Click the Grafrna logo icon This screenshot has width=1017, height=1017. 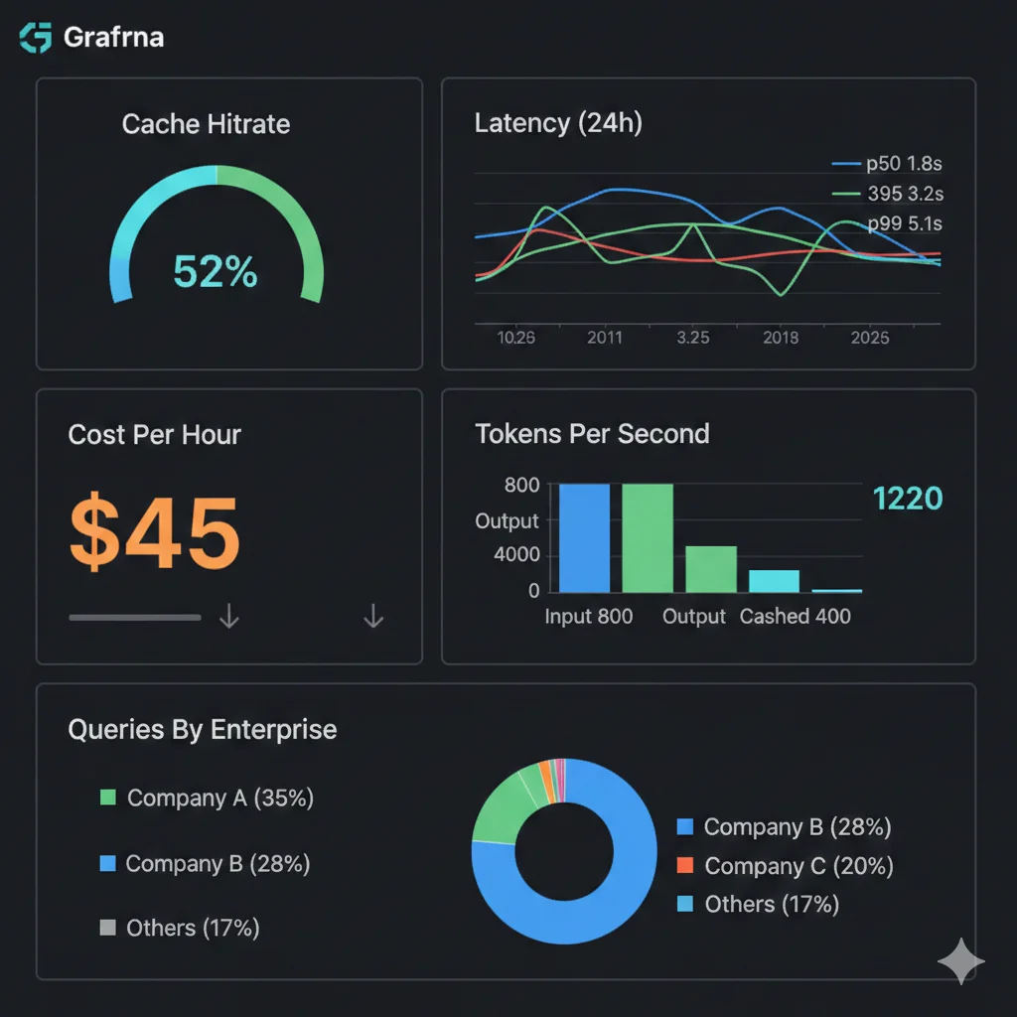point(35,38)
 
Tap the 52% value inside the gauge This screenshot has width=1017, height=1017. point(216,271)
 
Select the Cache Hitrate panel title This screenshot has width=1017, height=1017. point(206,124)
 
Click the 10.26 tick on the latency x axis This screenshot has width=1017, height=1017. point(515,338)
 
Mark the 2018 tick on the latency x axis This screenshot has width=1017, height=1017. point(781,338)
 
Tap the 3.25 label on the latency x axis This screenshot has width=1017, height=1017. point(692,338)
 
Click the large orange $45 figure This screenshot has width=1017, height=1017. point(155,532)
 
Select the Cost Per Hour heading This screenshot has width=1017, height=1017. point(154,435)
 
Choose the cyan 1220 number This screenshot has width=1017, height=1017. point(907,499)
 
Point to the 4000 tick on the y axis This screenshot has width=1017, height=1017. point(516,555)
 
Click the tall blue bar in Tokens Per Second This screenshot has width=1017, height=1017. point(584,537)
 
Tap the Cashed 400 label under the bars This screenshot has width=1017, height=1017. point(795,617)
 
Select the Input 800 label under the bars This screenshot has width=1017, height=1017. point(588,617)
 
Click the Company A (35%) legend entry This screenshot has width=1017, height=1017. point(208,799)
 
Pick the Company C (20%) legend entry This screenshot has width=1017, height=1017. point(785,866)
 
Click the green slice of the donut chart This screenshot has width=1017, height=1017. point(502,810)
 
